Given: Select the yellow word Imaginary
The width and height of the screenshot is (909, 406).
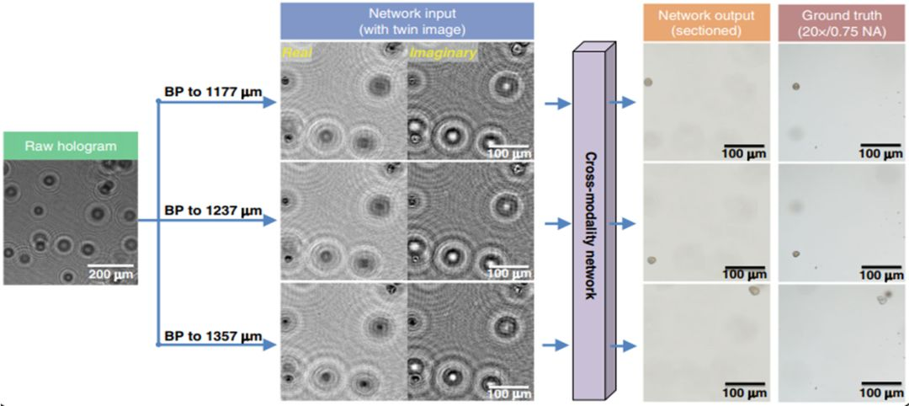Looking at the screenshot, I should (443, 53).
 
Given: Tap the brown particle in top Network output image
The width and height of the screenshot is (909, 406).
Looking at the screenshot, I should (649, 83).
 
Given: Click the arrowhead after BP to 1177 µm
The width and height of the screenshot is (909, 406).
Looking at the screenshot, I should (270, 103).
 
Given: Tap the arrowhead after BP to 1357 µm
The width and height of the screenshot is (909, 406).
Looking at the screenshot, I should (270, 345).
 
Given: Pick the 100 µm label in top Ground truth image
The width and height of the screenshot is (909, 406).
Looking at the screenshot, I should (880, 153).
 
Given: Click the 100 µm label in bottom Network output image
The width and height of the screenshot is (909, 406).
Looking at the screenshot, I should (742, 393).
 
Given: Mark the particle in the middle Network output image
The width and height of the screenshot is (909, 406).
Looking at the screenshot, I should (650, 259).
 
